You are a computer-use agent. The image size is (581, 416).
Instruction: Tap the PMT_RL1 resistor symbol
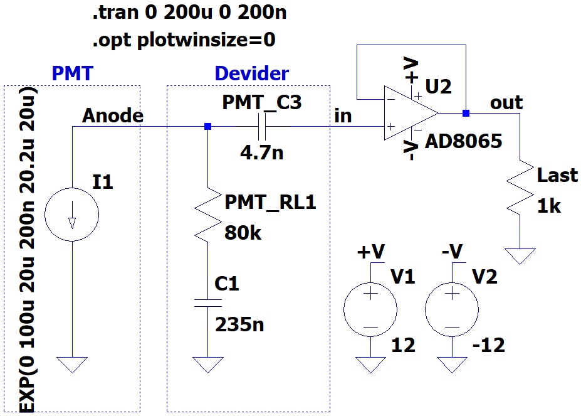208,215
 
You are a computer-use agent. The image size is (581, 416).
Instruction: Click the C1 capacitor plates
208,303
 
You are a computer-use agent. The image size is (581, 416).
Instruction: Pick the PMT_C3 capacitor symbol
262,127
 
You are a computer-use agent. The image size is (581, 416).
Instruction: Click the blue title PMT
72,73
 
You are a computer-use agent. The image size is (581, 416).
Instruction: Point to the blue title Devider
251,73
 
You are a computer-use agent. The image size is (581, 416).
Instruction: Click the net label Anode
113,115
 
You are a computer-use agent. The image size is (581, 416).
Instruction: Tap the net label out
506,103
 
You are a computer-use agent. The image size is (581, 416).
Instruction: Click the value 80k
243,233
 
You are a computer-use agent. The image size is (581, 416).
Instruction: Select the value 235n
239,325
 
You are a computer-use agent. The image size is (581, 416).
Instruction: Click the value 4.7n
261,152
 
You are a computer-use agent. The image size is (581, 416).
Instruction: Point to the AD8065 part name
464,141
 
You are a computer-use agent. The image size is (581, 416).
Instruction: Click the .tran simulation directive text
189,13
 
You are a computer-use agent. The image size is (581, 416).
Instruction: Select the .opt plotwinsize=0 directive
184,40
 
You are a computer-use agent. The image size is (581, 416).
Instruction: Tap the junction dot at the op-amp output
466,113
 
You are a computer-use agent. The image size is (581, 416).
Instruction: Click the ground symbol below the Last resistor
520,256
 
